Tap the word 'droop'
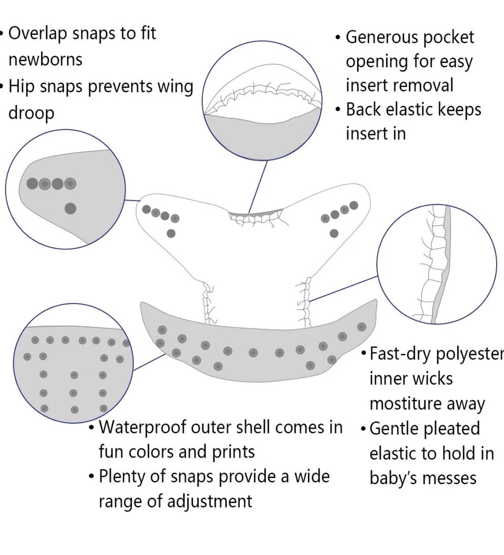(31, 113)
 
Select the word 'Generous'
(382, 37)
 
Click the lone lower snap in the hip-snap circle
(70, 209)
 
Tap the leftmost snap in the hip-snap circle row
(32, 183)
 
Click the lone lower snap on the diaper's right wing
(333, 233)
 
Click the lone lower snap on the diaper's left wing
(171, 233)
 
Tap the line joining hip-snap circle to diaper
(132, 200)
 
